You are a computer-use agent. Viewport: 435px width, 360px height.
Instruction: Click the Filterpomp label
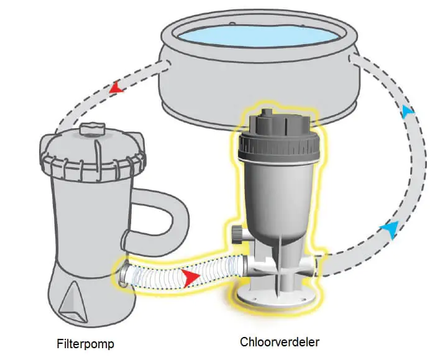tap(86, 344)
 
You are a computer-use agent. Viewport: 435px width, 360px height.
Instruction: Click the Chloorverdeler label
tap(280, 342)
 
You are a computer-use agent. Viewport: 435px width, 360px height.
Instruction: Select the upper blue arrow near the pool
tap(408, 111)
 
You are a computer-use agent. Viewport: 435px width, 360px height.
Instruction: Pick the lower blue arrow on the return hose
tap(391, 229)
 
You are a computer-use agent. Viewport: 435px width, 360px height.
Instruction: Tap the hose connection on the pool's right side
tap(353, 60)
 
